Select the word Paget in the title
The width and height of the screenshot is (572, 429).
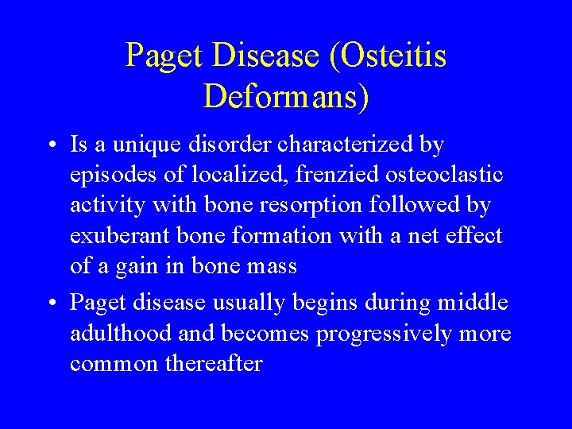coord(164,56)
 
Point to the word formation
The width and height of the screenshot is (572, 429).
coord(296,236)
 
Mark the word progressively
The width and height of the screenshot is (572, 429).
coord(385,333)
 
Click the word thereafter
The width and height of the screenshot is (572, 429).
coord(213,363)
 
